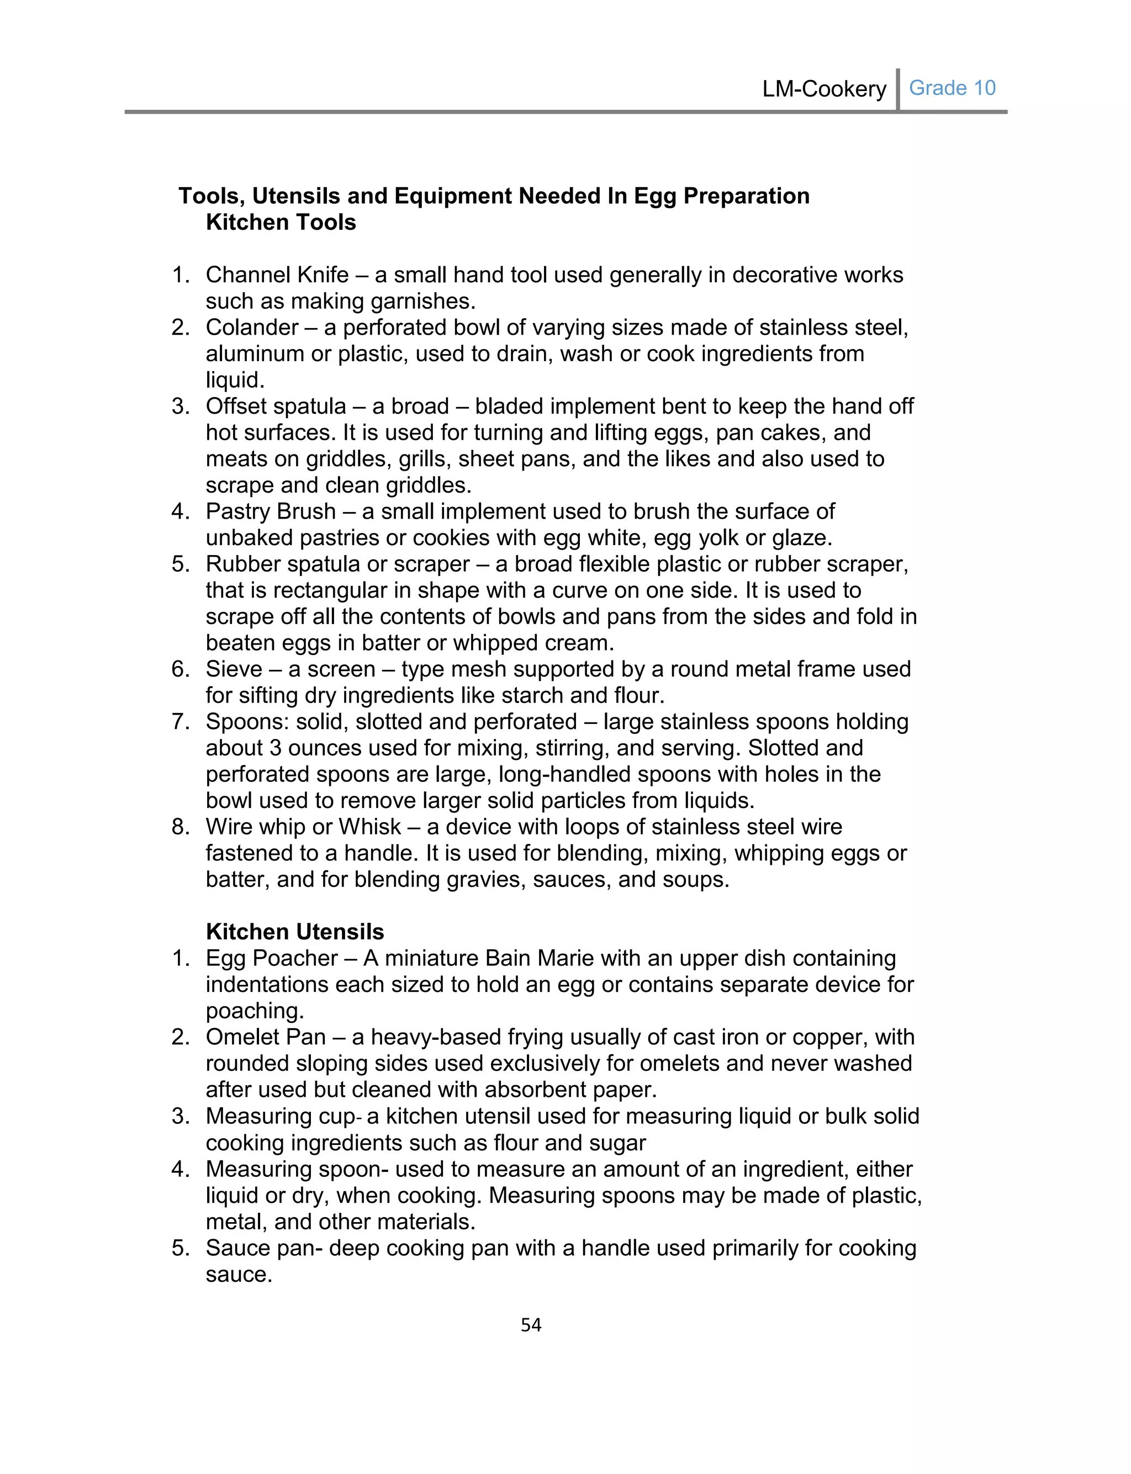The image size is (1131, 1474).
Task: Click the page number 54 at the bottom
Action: pyautogui.click(x=531, y=1324)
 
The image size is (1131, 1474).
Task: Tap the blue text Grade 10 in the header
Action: pyautogui.click(x=952, y=88)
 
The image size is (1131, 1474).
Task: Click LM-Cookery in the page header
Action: pyautogui.click(x=824, y=89)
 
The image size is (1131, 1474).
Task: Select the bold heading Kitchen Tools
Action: pyautogui.click(x=281, y=222)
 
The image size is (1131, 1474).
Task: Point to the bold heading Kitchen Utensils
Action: pyautogui.click(x=295, y=932)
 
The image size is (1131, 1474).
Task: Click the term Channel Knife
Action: pyautogui.click(x=277, y=274)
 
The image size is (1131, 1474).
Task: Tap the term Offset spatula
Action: pyautogui.click(x=276, y=406)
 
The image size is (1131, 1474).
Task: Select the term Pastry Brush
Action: pyautogui.click(x=271, y=511)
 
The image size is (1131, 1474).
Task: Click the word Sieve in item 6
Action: pyautogui.click(x=234, y=669)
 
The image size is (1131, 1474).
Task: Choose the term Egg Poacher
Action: pyautogui.click(x=272, y=958)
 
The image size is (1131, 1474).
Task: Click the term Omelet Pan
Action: pyautogui.click(x=266, y=1037)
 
